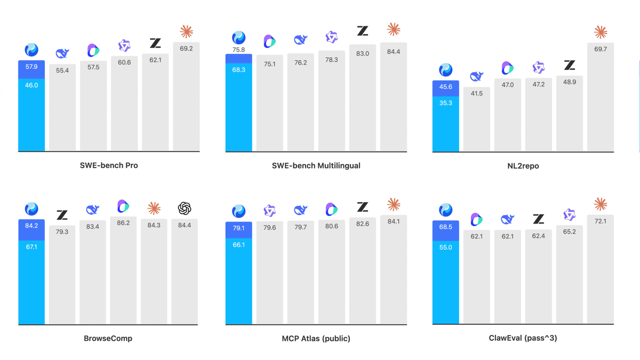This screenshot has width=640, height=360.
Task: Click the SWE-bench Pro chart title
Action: [x=109, y=165]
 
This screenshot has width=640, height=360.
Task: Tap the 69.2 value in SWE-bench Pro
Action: [x=186, y=49]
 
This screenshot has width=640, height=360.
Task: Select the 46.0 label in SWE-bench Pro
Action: [x=31, y=85]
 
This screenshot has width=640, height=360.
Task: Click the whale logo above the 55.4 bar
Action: [x=62, y=53]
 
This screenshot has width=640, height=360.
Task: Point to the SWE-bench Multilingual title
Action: [x=316, y=166]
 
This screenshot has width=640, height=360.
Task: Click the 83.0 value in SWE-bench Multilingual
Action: [x=363, y=53]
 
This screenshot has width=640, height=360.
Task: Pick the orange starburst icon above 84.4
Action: [x=394, y=29]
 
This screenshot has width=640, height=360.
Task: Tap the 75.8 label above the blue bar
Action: [x=238, y=50]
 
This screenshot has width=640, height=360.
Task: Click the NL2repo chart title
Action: [x=523, y=166]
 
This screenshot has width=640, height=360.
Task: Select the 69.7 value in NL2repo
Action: [x=601, y=49]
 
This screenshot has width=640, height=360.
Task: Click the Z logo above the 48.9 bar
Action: [x=570, y=65]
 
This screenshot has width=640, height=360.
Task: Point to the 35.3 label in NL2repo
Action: [x=446, y=103]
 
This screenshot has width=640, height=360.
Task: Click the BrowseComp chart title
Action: [x=108, y=339]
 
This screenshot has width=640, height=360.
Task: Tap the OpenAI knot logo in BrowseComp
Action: [x=185, y=209]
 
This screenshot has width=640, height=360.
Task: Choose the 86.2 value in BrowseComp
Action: [x=123, y=223]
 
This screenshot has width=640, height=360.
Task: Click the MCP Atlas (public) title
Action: [x=316, y=339]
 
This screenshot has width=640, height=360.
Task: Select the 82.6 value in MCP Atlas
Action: [x=363, y=223]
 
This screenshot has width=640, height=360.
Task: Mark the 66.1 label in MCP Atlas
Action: [x=238, y=245]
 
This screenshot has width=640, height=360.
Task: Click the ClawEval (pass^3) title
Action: [x=523, y=338]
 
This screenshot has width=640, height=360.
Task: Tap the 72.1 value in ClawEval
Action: [x=601, y=221]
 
